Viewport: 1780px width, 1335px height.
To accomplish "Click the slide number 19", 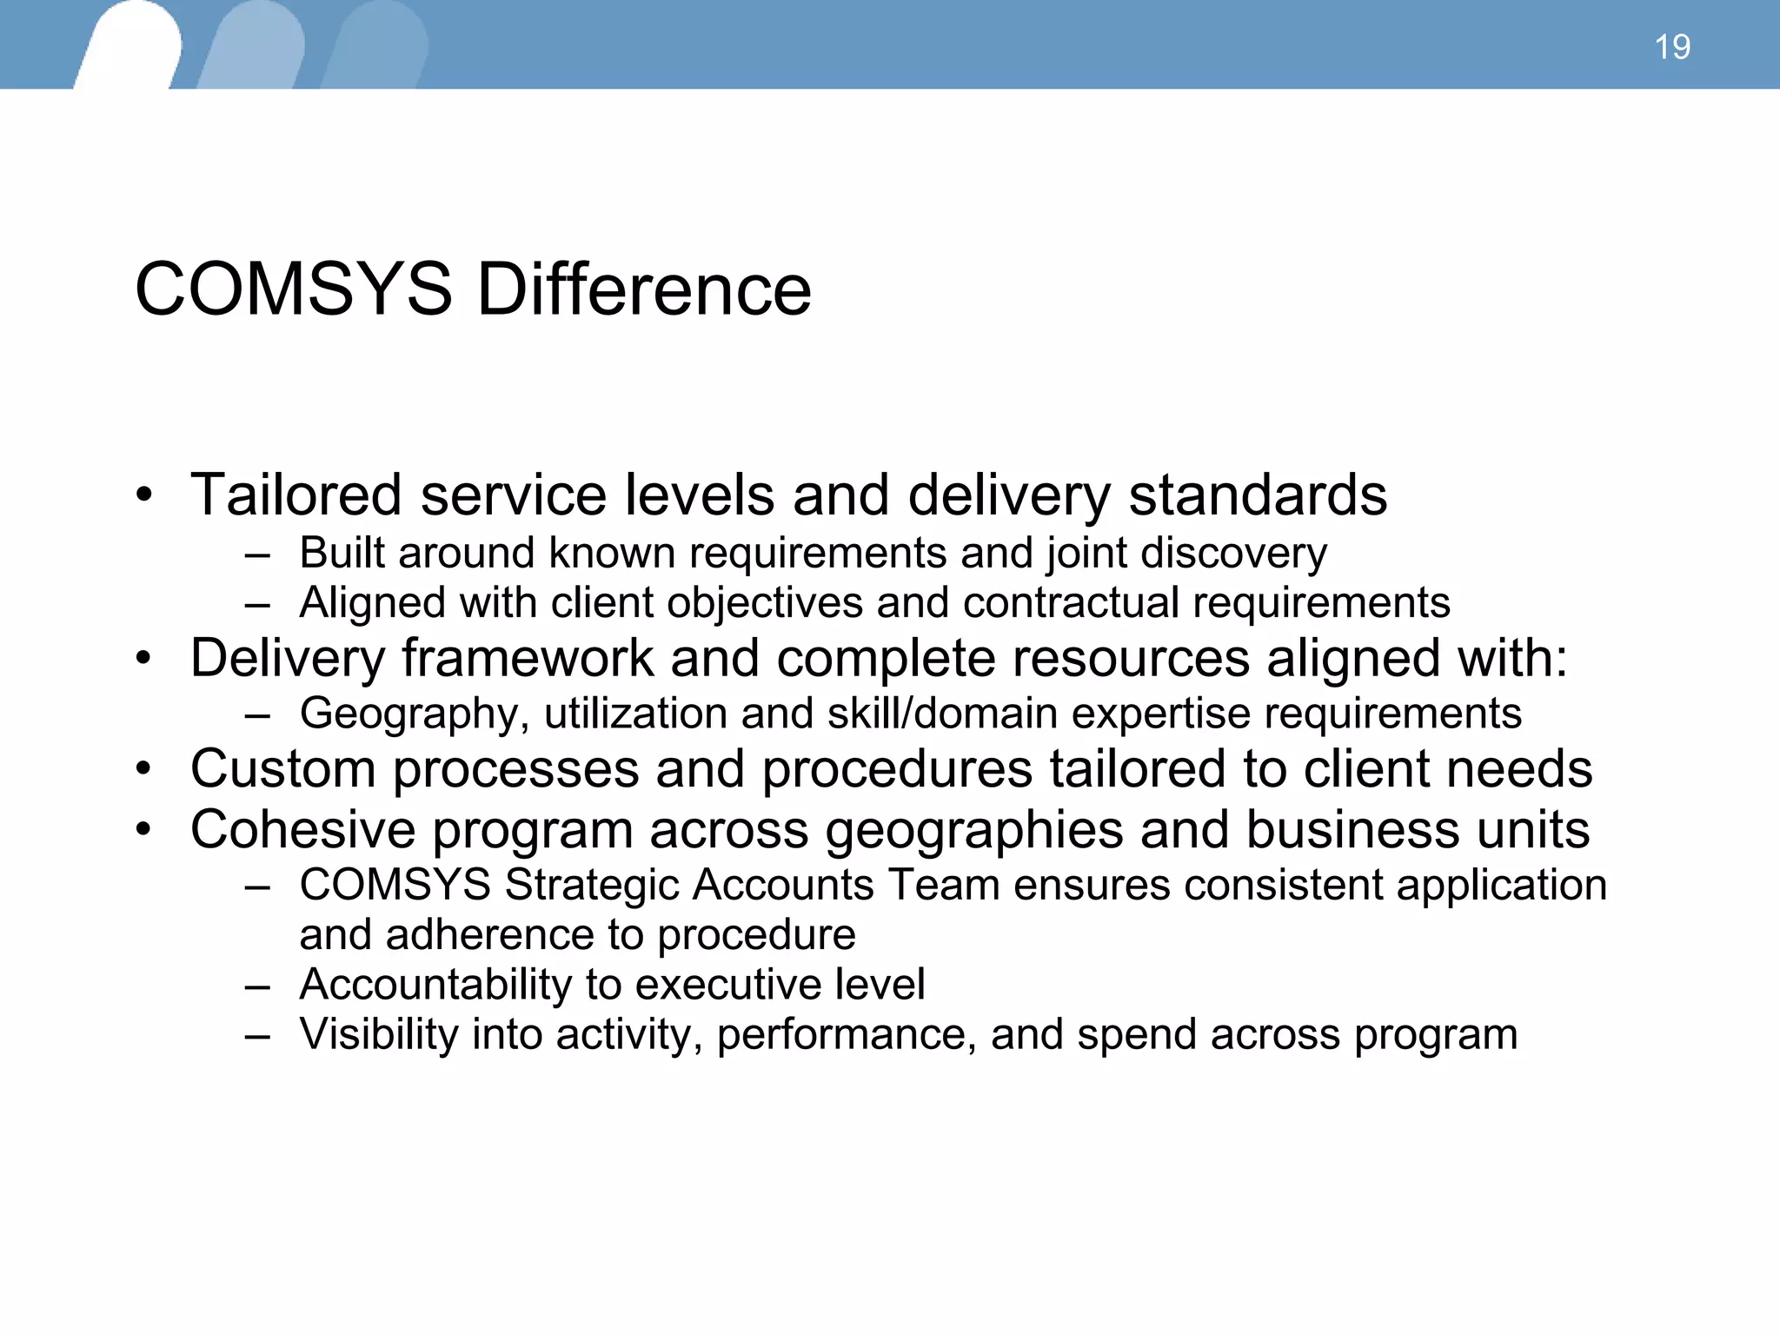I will (x=1672, y=47).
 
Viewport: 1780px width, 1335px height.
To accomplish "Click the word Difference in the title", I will (x=644, y=289).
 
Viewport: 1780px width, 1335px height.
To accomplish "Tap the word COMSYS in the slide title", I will (x=294, y=289).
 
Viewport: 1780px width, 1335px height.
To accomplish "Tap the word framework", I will (x=527, y=658).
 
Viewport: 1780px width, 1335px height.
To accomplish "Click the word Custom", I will (x=282, y=770).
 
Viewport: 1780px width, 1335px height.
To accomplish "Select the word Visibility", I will (x=378, y=1034).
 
